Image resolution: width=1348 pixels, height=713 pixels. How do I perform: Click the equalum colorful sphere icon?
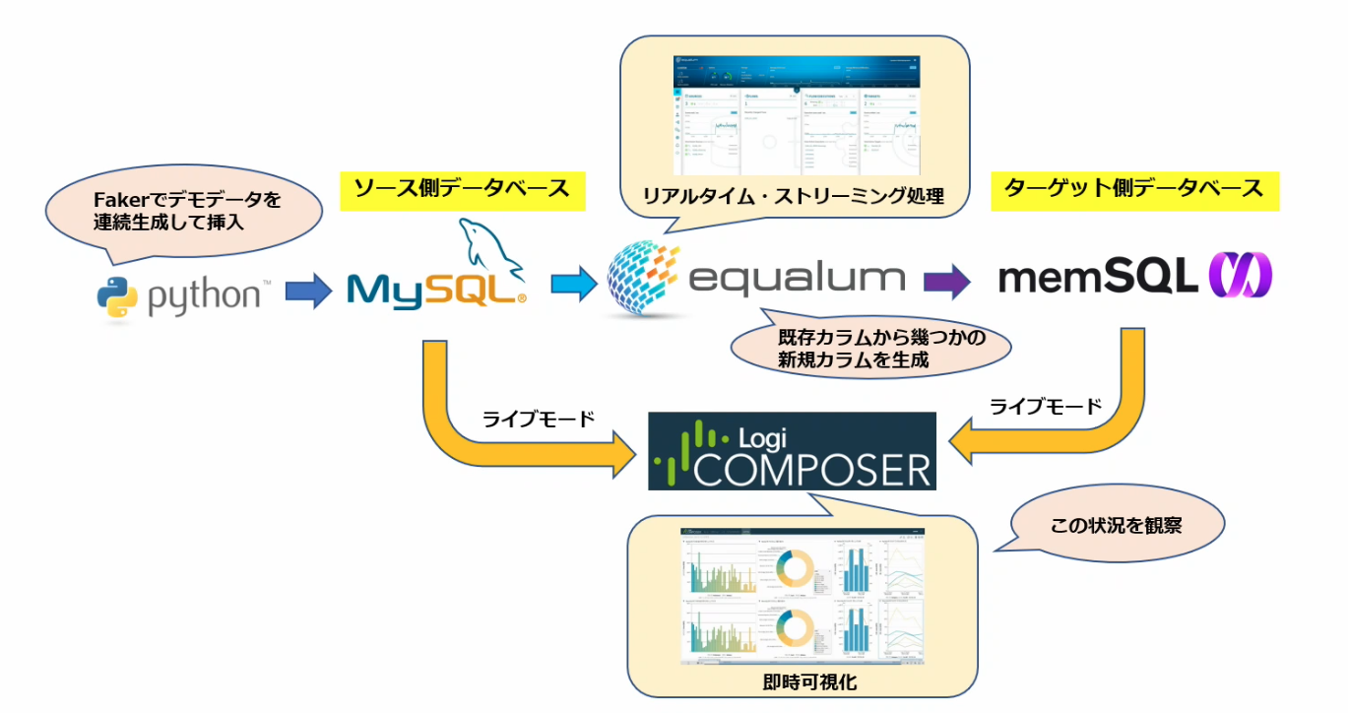[x=644, y=279]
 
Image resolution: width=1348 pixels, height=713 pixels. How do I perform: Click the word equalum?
[x=796, y=278]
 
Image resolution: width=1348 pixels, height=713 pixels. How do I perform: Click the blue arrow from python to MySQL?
[x=308, y=292]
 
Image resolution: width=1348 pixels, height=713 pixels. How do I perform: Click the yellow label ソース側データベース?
[x=462, y=189]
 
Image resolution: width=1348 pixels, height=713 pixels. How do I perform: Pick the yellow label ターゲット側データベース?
[x=1132, y=189]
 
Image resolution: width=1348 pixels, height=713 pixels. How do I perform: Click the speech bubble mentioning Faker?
[x=185, y=212]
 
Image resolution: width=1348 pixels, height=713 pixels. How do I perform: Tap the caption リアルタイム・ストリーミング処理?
[x=793, y=196]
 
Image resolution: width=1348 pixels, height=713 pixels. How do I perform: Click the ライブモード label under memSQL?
[x=1045, y=406]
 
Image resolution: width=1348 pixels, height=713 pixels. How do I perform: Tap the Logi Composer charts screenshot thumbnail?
[x=802, y=598]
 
